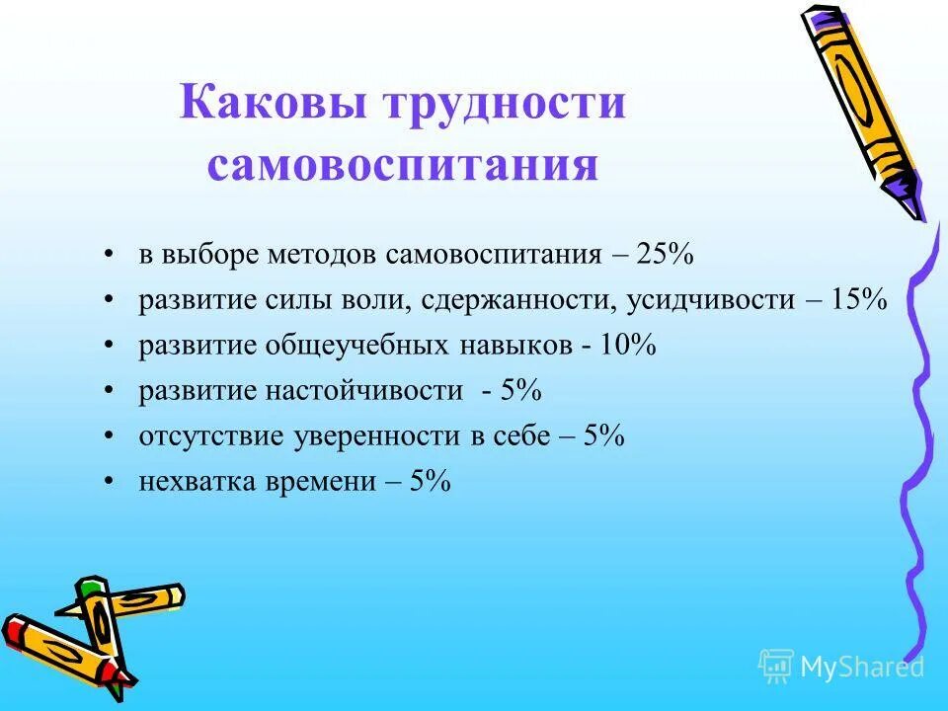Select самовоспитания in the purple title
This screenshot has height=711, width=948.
[403, 165]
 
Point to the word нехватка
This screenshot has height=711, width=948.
[188, 482]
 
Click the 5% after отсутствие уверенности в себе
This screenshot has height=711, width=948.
[603, 436]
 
